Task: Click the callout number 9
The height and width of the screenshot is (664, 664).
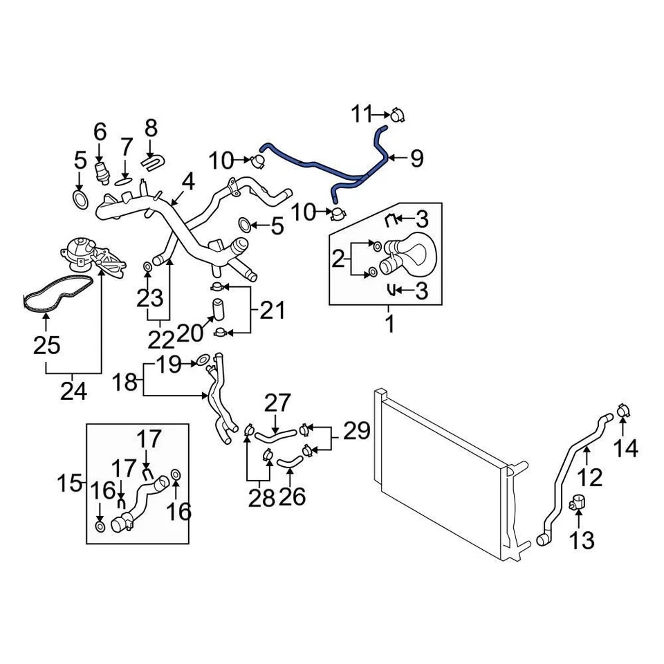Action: pos(416,159)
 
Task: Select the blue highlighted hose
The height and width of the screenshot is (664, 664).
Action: pos(325,168)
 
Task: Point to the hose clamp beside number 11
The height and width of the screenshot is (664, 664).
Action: pos(397,115)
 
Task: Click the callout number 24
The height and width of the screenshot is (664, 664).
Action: pos(74,391)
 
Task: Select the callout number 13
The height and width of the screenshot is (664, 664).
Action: pos(583,539)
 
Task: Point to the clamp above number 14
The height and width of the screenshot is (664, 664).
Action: pos(622,410)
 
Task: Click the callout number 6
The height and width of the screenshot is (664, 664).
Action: pos(100,131)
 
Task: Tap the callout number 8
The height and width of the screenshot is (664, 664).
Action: pos(151,128)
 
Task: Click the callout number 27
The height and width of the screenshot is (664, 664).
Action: pos(278,403)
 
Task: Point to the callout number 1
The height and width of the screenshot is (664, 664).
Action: pos(389,323)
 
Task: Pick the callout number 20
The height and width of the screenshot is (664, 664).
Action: pos(190,333)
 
